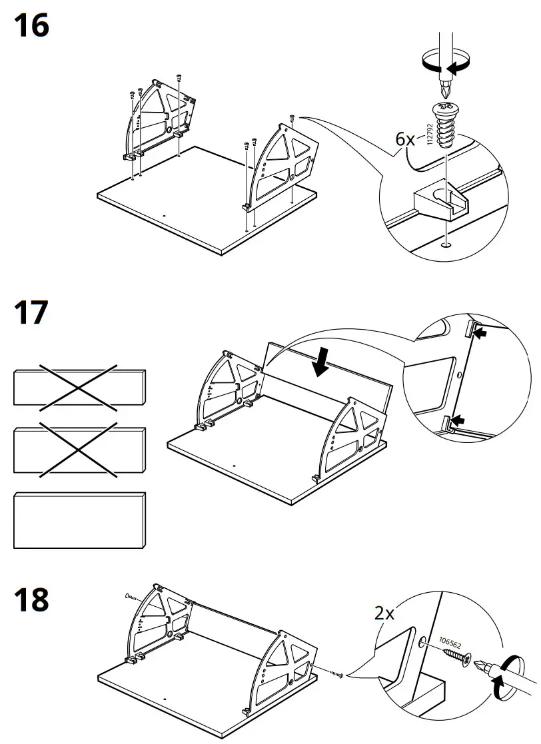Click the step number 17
point(31,312)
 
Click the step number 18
point(31,600)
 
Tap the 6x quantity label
point(405,139)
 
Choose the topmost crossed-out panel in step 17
point(79,386)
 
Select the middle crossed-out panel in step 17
point(79,451)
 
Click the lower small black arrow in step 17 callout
point(459,420)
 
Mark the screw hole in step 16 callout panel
point(444,244)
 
